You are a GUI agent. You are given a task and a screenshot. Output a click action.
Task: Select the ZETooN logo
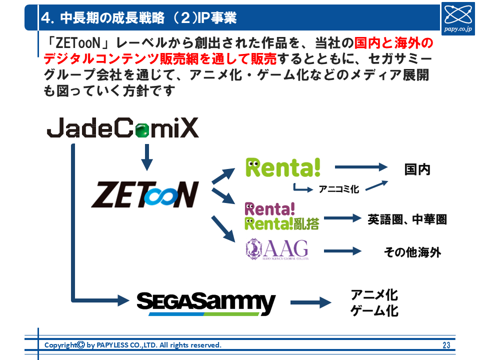pyautogui.click(x=145, y=194)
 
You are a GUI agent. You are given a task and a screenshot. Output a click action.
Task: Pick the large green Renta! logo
pyautogui.click(x=283, y=167)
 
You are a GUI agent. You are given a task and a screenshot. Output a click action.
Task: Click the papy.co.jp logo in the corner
pyautogui.click(x=459, y=18)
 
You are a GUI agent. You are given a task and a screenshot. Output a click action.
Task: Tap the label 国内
pyautogui.click(x=417, y=169)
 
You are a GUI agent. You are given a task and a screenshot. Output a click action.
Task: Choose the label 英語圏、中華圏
pyautogui.click(x=407, y=219)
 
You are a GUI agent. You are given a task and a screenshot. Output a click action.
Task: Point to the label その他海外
pyautogui.click(x=412, y=252)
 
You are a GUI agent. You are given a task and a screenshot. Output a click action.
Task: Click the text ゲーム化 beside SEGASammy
pyautogui.click(x=374, y=310)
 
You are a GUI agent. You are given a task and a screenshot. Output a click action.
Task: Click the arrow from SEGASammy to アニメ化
pyautogui.click(x=311, y=302)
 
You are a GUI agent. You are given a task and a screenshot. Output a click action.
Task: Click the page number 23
pyautogui.click(x=446, y=345)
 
